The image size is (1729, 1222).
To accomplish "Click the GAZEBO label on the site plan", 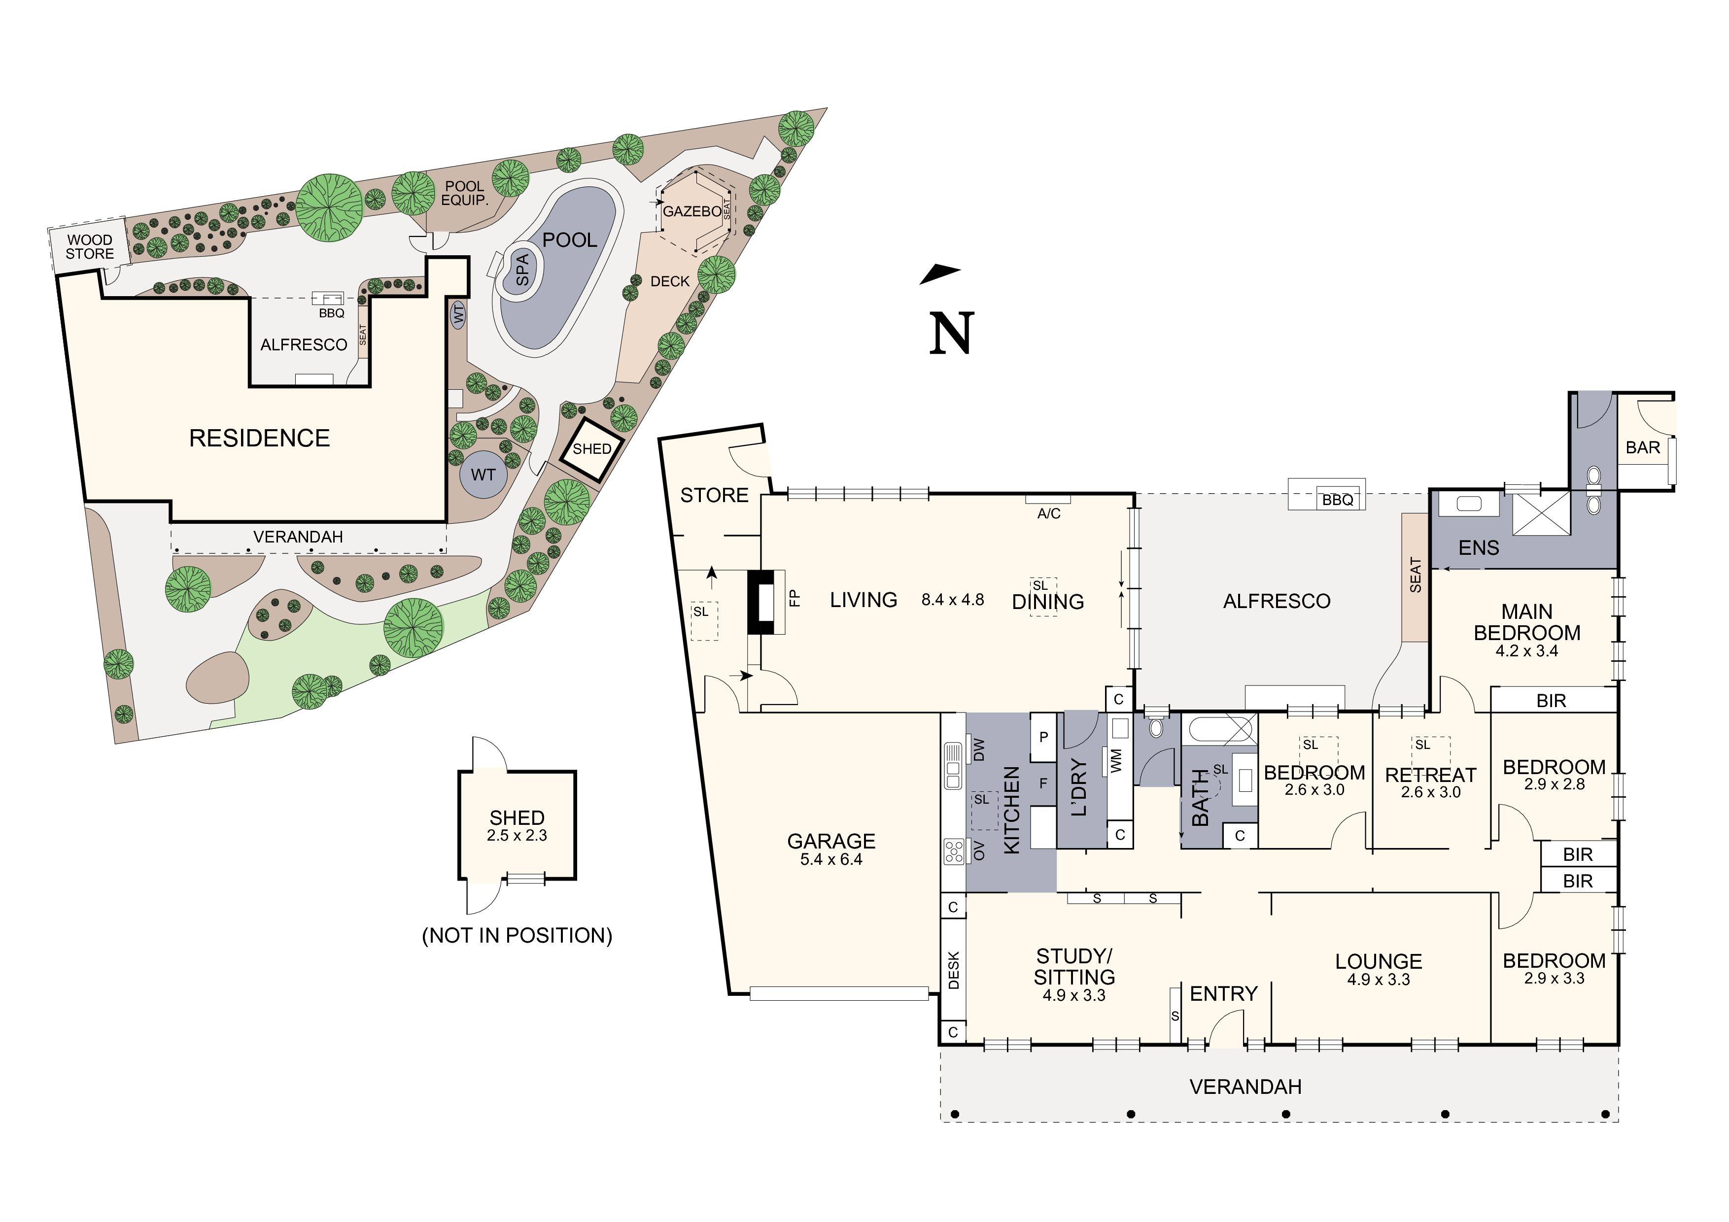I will point(692,211).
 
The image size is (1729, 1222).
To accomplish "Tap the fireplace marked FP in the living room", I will point(793,599).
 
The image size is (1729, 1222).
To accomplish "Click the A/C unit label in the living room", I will point(1048,513).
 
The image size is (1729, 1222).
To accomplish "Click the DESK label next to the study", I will point(953,971).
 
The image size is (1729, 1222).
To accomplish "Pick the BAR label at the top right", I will point(1642,447).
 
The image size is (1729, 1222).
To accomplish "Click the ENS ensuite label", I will point(1478,547).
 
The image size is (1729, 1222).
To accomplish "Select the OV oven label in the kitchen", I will point(979,851).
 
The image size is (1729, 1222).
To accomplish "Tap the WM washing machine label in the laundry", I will point(1116,760).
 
